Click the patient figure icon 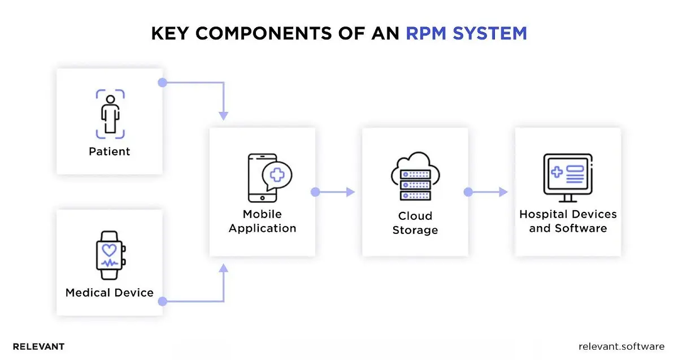(110, 114)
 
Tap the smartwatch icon (110, 255)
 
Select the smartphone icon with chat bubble (269, 177)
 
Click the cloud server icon (415, 176)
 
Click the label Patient (110, 151)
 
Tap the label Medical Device (110, 293)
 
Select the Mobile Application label (262, 222)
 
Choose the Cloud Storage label (415, 223)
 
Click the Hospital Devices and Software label (568, 222)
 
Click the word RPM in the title (429, 33)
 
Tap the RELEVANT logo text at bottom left (38, 346)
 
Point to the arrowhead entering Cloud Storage (350, 192)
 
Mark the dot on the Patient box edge (162, 83)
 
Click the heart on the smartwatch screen (109, 248)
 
